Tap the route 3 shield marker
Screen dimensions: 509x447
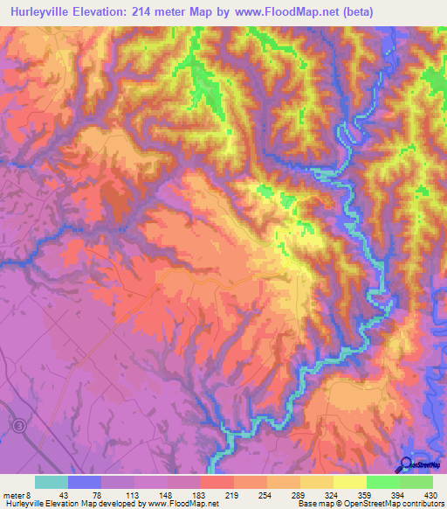click(17, 425)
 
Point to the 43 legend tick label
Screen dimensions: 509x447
click(63, 495)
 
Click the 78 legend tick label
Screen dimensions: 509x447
click(98, 495)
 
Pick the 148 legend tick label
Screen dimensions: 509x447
click(165, 495)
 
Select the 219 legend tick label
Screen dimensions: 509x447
click(232, 495)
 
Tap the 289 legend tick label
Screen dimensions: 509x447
click(299, 495)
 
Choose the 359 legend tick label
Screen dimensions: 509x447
click(366, 495)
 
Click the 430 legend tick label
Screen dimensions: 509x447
click(430, 495)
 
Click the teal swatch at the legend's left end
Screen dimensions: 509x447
click(52, 482)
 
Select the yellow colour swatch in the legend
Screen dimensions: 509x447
click(349, 482)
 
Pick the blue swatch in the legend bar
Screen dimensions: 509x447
click(85, 482)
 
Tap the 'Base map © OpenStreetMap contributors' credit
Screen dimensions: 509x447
click(369, 504)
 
